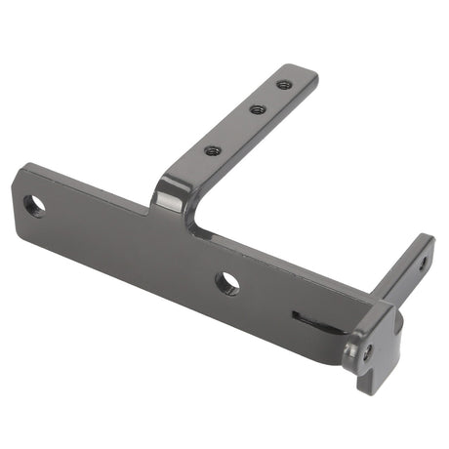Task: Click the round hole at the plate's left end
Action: point(34,206)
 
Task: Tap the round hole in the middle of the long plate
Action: point(226,283)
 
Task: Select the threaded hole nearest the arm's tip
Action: point(283,85)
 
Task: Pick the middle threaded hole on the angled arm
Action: point(257,109)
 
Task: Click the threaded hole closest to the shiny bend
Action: point(212,150)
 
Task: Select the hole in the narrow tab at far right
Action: point(423,263)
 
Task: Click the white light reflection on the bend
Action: point(169,199)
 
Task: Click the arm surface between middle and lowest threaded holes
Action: point(234,130)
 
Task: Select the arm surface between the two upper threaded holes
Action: point(269,98)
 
